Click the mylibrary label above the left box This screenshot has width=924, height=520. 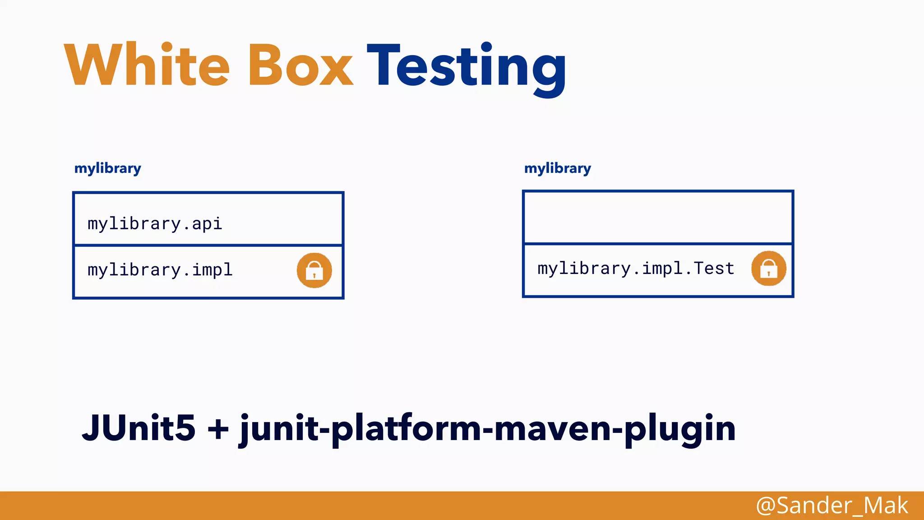tap(108, 168)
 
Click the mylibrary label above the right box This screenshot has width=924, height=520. tap(558, 168)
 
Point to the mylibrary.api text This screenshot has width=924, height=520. tap(155, 224)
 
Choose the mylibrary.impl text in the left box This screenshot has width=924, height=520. tap(160, 270)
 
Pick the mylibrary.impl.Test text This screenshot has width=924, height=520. tap(636, 269)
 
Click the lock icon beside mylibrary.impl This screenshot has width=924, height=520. tap(314, 270)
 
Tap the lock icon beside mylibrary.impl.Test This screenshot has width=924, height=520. tap(769, 269)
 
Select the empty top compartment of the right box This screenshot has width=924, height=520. tap(658, 218)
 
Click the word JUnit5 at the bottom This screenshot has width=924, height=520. tap(139, 427)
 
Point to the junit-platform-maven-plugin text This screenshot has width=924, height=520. tap(487, 429)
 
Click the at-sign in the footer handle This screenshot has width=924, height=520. tap(766, 506)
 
